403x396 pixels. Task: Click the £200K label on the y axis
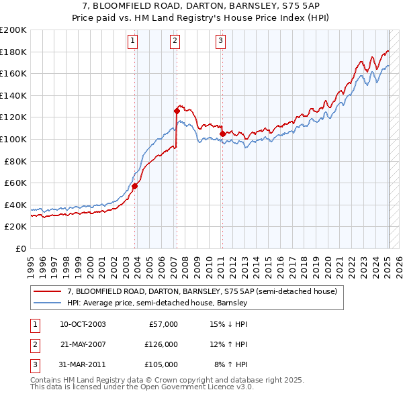tap(14, 30)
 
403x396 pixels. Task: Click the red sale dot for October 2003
tap(135, 186)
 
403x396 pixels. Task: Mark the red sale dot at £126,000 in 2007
tap(177, 110)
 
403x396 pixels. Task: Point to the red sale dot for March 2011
tap(222, 134)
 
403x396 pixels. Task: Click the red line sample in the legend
tap(48, 291)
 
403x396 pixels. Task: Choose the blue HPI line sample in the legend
tap(48, 303)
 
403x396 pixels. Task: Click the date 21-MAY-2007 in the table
tap(83, 344)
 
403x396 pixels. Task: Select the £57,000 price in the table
tap(163, 324)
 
